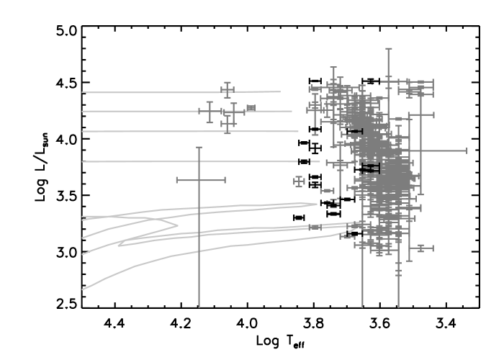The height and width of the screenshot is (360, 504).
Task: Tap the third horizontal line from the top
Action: click(x=180, y=131)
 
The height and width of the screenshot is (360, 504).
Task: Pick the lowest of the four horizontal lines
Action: click(x=180, y=161)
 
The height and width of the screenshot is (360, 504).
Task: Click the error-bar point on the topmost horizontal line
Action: click(x=228, y=90)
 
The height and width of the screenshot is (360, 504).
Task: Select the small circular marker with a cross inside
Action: click(x=299, y=181)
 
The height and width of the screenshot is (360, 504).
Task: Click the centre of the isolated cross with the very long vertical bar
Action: click(x=199, y=179)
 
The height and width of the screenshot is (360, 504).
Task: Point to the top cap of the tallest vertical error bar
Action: click(x=389, y=49)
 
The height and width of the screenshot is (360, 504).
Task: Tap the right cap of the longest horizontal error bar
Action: click(x=467, y=150)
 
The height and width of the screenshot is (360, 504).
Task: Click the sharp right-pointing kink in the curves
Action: click(x=177, y=225)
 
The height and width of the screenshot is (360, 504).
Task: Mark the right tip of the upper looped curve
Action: click(x=317, y=204)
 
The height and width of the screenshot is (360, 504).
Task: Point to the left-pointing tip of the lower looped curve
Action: click(x=119, y=245)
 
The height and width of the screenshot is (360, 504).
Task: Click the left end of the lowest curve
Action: click(x=83, y=289)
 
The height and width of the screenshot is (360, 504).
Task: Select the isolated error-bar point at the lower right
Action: click(x=421, y=248)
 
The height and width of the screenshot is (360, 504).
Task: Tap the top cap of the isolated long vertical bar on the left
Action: click(x=199, y=148)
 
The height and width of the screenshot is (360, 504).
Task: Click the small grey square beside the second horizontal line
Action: click(x=251, y=107)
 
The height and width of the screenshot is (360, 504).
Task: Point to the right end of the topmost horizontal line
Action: click(x=280, y=91)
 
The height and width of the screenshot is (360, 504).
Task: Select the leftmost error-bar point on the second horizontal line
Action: click(x=210, y=112)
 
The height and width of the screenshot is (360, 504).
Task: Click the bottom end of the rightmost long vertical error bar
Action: click(x=398, y=307)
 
